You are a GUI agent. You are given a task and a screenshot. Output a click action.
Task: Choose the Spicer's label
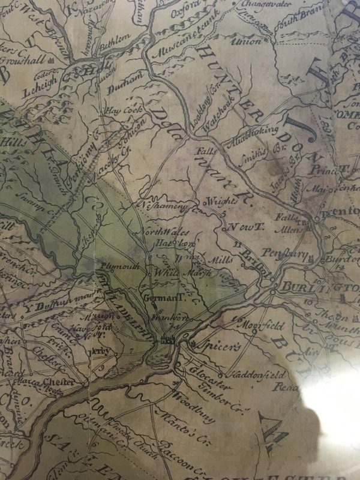coord(210,347)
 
